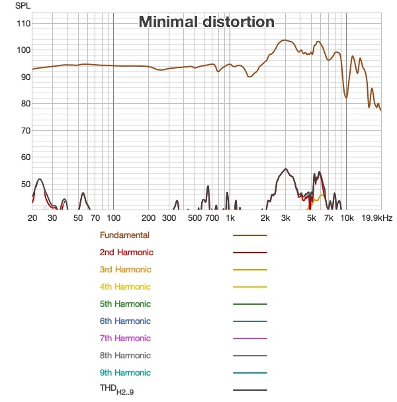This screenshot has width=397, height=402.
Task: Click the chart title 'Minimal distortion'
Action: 206,22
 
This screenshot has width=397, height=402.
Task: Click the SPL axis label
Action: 23,6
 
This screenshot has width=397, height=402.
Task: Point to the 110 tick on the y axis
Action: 24,24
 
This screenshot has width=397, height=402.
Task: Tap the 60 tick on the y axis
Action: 26,157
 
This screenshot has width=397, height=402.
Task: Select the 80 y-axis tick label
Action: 26,104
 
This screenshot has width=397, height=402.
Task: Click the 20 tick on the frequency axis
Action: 32,218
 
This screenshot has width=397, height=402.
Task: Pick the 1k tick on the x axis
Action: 230,218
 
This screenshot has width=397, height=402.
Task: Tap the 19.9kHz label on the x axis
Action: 377,218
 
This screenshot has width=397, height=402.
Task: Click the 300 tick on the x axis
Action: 169,218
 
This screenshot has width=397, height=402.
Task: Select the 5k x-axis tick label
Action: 311,218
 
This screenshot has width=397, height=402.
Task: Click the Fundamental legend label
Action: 124,235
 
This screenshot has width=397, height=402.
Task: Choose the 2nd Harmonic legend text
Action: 126,253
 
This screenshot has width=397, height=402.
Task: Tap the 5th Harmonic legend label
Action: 125,303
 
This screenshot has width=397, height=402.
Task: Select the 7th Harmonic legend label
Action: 125,338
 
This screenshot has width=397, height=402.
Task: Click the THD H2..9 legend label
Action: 116,389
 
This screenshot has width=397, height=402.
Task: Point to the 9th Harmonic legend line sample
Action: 250,373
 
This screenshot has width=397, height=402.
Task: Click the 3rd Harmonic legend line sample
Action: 250,270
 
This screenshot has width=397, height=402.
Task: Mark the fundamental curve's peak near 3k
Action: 285,40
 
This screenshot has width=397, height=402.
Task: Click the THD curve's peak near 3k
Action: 286,169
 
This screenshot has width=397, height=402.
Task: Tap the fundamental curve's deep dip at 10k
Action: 346,97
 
